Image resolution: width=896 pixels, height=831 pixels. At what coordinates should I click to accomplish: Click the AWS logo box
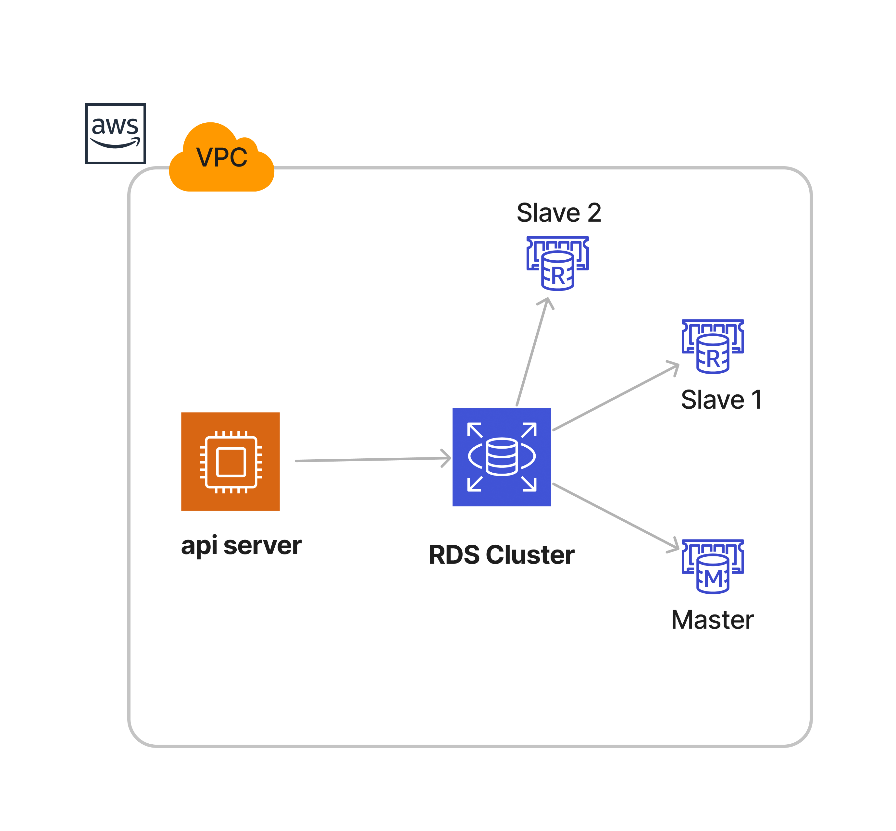pyautogui.click(x=115, y=133)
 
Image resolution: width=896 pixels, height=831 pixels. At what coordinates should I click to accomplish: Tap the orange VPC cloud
pyautogui.click(x=221, y=160)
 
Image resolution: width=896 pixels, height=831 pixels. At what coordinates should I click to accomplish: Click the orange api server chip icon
pyautogui.click(x=230, y=461)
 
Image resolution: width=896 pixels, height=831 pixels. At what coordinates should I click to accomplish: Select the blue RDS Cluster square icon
pyautogui.click(x=502, y=457)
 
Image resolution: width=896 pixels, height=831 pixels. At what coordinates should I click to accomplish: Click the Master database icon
pyautogui.click(x=713, y=566)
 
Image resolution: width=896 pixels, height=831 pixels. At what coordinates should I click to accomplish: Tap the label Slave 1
pyautogui.click(x=721, y=400)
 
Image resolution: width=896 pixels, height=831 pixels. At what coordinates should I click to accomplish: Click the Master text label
pyautogui.click(x=712, y=620)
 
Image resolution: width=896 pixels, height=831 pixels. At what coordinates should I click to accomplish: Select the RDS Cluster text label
pyautogui.click(x=502, y=555)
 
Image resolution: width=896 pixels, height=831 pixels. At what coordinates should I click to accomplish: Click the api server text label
pyautogui.click(x=241, y=546)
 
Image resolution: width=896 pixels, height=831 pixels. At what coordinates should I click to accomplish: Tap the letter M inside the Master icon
pyautogui.click(x=713, y=578)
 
